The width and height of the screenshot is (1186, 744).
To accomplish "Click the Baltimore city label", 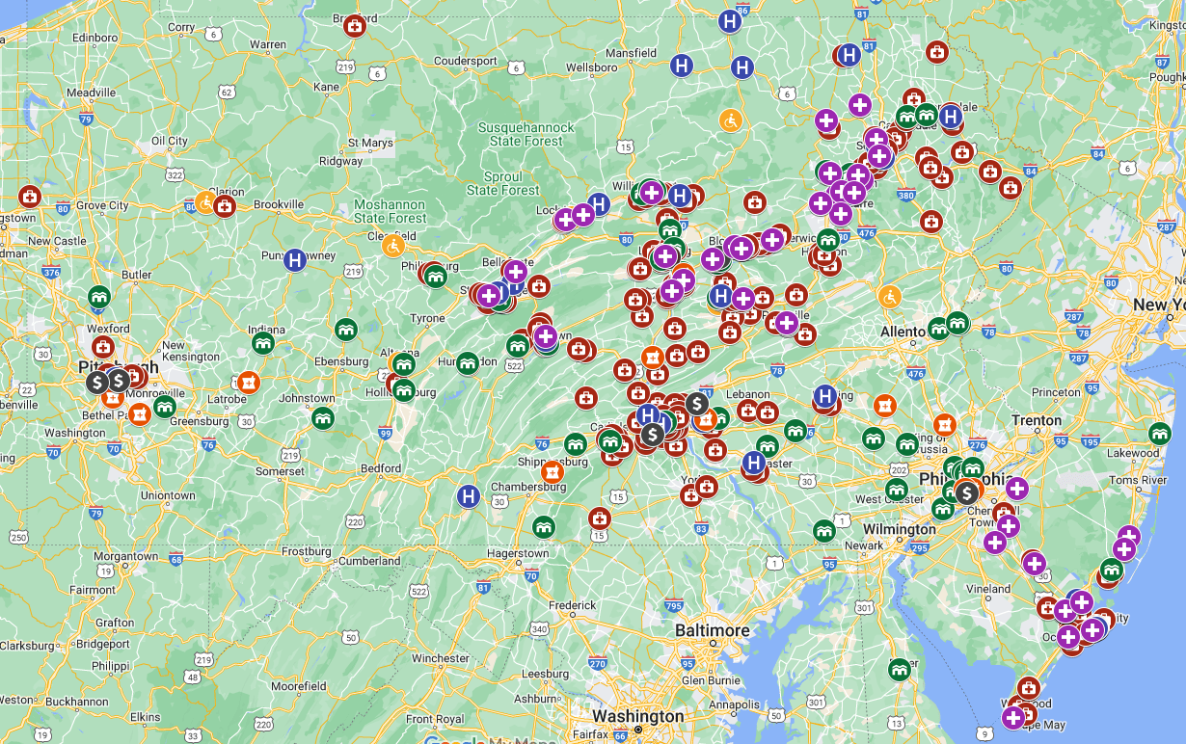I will click(712, 630).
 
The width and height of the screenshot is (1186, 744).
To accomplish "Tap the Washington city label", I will click(637, 716).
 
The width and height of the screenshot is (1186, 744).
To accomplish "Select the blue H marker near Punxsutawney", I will click(295, 259).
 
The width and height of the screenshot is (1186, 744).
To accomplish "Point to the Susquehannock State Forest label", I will click(526, 134).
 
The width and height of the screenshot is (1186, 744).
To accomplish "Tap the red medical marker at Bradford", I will click(355, 26).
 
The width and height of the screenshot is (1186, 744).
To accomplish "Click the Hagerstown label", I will click(517, 553).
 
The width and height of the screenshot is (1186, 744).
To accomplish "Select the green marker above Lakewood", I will click(1160, 434).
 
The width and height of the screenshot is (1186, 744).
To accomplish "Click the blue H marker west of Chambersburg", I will click(469, 496).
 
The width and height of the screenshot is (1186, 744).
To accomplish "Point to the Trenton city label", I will click(1037, 420).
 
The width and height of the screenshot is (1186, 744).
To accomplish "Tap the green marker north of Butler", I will click(98, 296).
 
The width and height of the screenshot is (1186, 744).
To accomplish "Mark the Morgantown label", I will click(125, 556).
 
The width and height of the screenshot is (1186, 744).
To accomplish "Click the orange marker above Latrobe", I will click(248, 383).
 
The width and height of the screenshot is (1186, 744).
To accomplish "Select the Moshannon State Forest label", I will click(389, 211).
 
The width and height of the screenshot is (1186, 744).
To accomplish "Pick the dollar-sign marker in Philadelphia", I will click(966, 492).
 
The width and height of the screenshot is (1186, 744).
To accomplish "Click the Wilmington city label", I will click(899, 529).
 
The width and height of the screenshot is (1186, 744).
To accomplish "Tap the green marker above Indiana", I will click(262, 342).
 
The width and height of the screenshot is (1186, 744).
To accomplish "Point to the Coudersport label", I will click(466, 61).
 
